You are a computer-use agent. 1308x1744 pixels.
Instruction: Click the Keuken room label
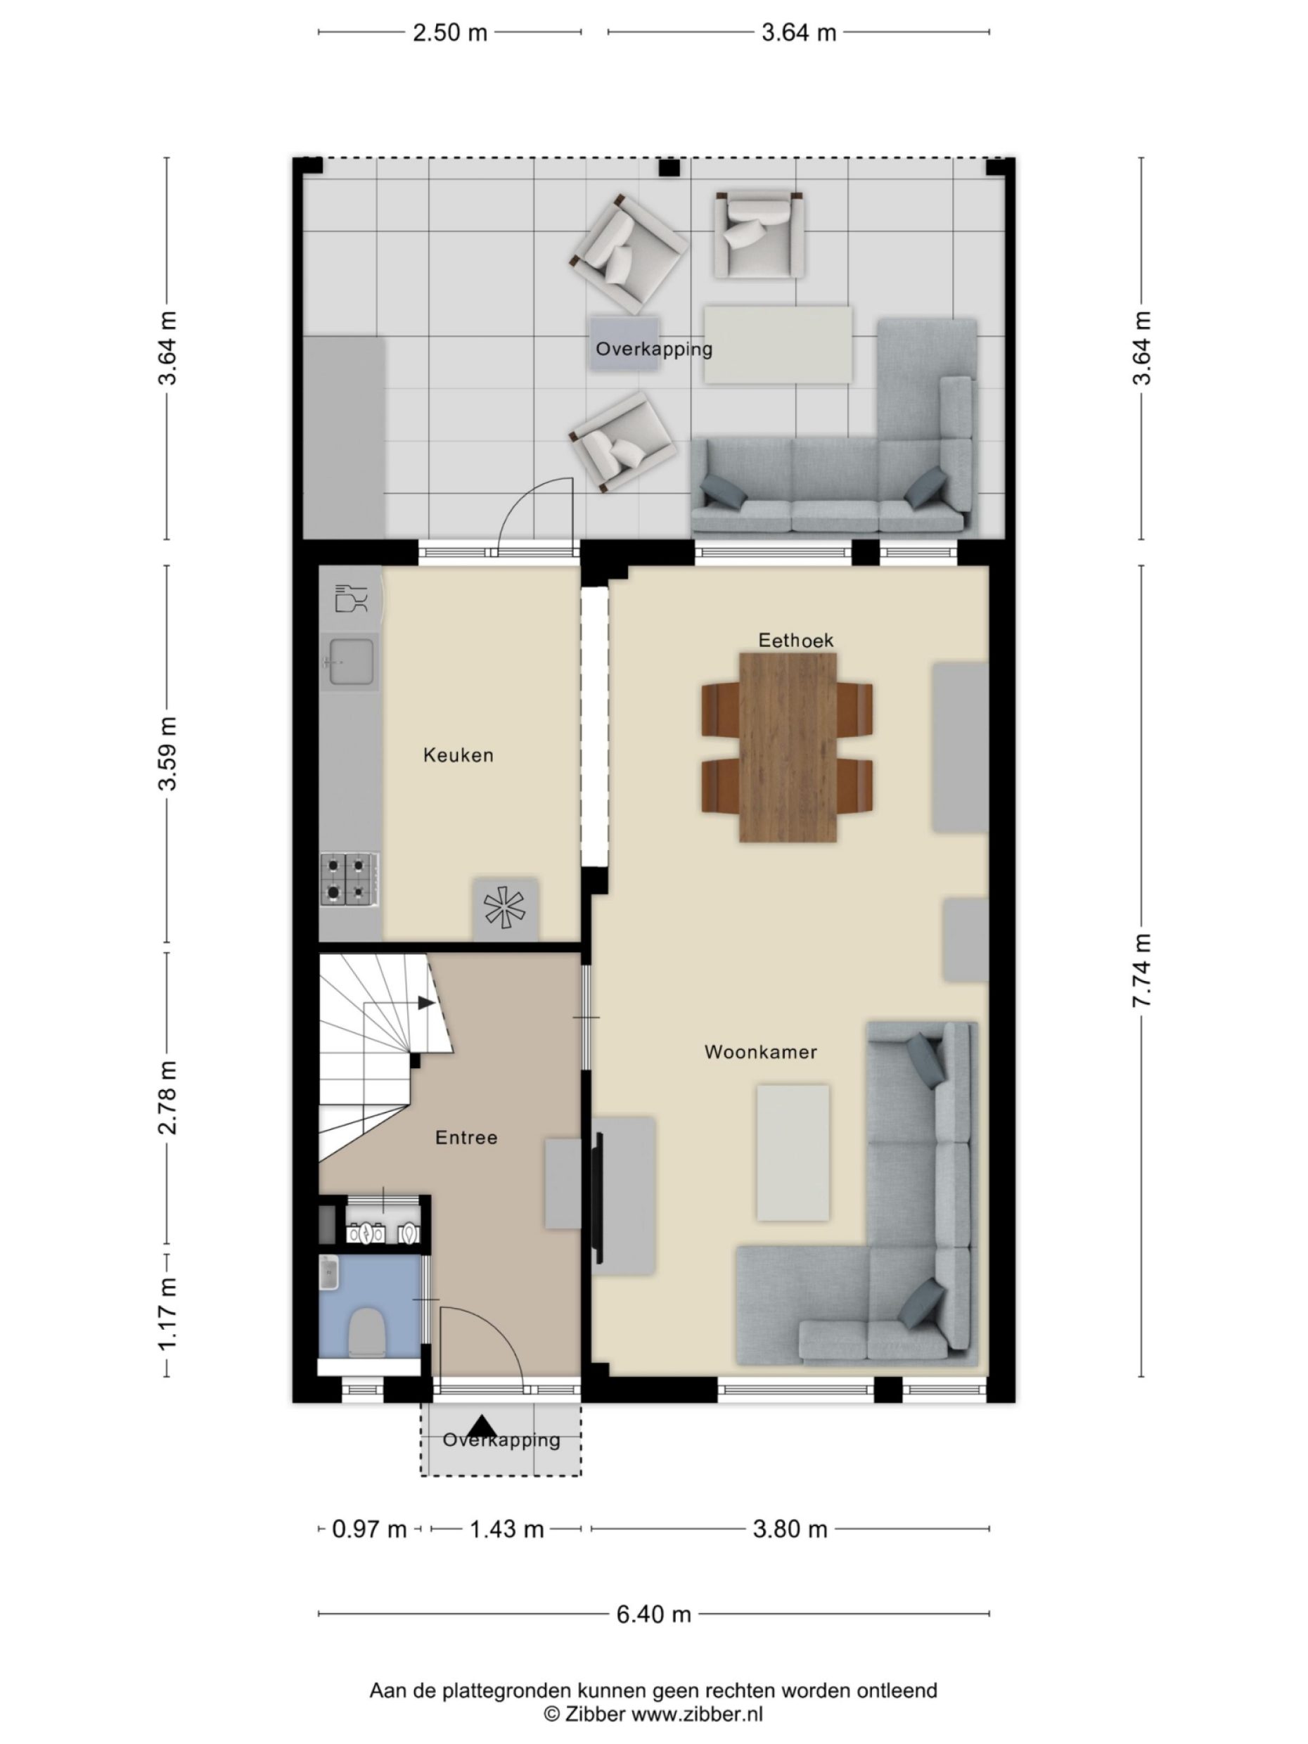point(458,755)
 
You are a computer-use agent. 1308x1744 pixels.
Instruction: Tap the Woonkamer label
point(760,1052)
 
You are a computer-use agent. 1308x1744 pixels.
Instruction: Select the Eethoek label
point(795,640)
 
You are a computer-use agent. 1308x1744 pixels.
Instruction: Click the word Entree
point(466,1138)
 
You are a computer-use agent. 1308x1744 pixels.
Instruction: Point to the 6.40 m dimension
point(653,1614)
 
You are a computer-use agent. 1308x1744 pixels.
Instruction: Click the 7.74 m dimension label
point(1141,970)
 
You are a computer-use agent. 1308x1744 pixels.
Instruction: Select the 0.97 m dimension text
point(368,1530)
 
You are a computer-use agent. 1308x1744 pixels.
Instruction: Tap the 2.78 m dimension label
point(167,1098)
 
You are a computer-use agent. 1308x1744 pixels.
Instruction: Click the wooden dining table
point(788,747)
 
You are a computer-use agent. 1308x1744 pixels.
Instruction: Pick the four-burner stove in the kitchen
point(350,879)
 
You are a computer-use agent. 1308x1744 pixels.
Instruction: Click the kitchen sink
point(351,662)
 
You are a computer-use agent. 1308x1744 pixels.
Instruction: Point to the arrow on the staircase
point(425,1003)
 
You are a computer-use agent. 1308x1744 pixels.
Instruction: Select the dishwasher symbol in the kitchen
point(352,598)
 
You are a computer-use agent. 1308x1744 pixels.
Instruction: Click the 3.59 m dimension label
point(167,753)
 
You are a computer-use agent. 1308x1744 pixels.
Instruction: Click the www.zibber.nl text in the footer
point(696,1713)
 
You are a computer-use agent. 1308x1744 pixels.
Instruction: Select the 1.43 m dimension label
point(506,1530)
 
